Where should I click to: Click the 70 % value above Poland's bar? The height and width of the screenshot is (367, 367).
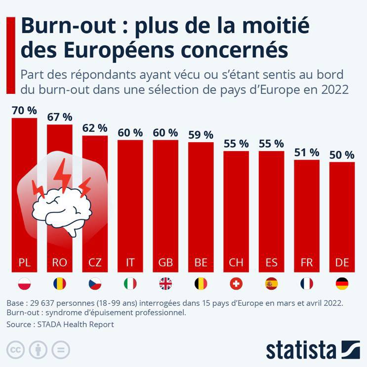click(24, 110)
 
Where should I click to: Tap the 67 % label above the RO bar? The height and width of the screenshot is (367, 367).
click(60, 117)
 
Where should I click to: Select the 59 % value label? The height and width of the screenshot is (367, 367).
click(201, 135)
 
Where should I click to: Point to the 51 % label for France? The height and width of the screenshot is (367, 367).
click(307, 152)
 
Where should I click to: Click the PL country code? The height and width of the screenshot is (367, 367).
click(24, 262)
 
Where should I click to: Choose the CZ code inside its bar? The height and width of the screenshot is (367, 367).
click(95, 262)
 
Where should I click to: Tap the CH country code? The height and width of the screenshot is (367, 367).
click(236, 262)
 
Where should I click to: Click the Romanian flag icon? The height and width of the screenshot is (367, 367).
click(60, 284)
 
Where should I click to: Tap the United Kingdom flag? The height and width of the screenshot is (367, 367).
click(165, 284)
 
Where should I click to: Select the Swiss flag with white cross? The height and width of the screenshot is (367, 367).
click(236, 284)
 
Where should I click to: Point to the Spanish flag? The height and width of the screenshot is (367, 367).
click(271, 284)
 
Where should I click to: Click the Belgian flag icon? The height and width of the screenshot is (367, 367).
click(201, 284)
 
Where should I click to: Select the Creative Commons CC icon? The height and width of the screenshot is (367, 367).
click(16, 349)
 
